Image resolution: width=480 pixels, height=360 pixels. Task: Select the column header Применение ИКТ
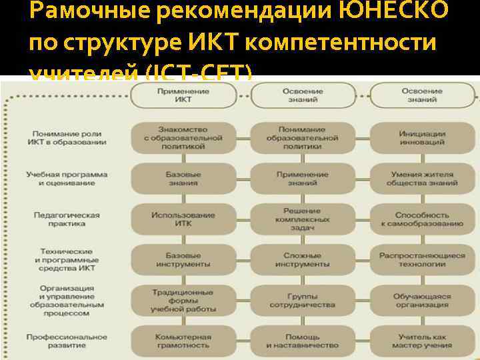point(183,96)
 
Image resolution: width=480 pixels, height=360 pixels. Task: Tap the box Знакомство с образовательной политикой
point(183,138)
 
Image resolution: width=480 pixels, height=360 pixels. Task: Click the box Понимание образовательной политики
point(302,138)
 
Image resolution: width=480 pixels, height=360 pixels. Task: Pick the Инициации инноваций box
point(422,138)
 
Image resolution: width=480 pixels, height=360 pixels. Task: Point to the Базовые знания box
point(183,178)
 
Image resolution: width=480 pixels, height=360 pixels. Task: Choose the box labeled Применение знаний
point(302,178)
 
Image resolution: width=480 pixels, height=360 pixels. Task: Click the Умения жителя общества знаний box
point(422,178)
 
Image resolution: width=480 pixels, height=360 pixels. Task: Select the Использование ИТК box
point(183,219)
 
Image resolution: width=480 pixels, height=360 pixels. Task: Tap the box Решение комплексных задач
point(302,219)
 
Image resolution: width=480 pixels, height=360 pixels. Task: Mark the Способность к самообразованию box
point(422,219)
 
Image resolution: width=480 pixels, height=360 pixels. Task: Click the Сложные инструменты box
point(302,259)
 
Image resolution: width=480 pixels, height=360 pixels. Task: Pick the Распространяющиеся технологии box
point(422,259)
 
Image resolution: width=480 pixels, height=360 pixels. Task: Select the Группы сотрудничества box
point(302,300)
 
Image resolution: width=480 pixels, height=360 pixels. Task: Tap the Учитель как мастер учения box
point(422,341)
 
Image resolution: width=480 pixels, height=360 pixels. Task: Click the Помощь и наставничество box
point(302,341)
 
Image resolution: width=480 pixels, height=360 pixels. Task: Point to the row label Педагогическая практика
point(67,219)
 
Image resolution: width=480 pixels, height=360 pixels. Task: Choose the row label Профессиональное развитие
point(67,341)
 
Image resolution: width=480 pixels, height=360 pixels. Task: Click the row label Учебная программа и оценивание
point(67,178)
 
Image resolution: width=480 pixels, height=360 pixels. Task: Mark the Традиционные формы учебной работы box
point(183,300)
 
